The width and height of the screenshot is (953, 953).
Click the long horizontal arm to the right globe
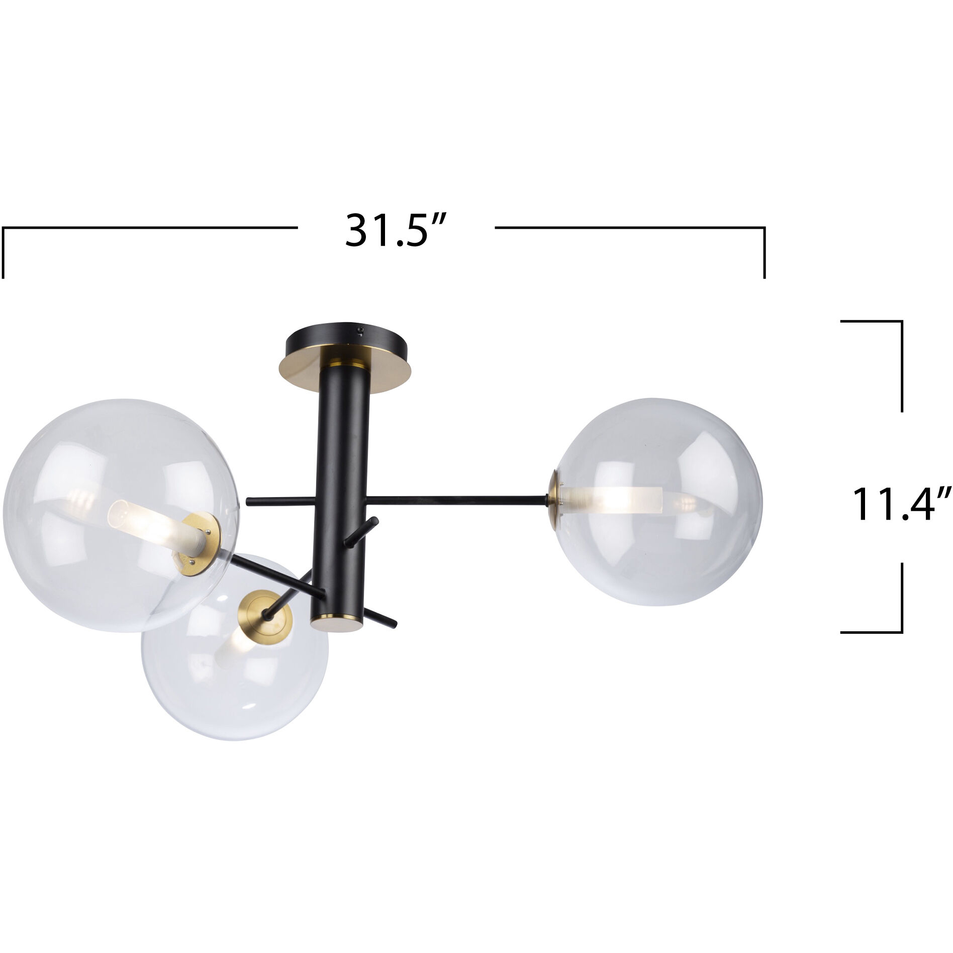coord(457,499)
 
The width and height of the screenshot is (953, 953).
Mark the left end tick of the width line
coord(4,251)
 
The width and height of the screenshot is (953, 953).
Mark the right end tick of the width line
coord(764,251)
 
